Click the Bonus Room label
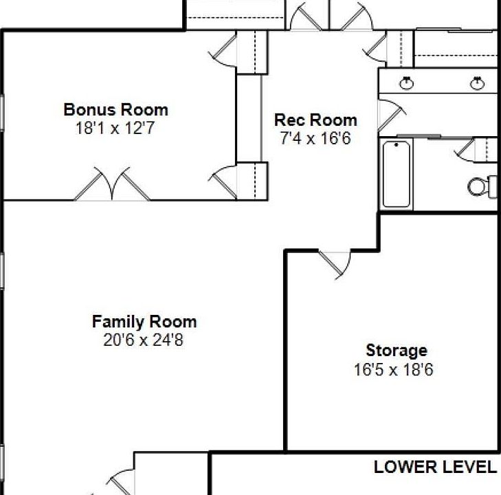115,109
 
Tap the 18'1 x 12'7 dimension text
115,128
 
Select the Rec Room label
315,120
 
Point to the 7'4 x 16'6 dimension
315,138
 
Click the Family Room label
144,322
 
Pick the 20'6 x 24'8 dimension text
144,340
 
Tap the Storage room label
397,351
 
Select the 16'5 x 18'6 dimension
394,370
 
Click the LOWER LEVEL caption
435,467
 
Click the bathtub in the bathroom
397,174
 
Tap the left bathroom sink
406,83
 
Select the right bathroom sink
477,83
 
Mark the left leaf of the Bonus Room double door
93,184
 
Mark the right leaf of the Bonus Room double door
131,184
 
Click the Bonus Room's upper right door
223,50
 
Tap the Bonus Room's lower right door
223,182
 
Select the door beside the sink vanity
392,115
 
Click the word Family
118,322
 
